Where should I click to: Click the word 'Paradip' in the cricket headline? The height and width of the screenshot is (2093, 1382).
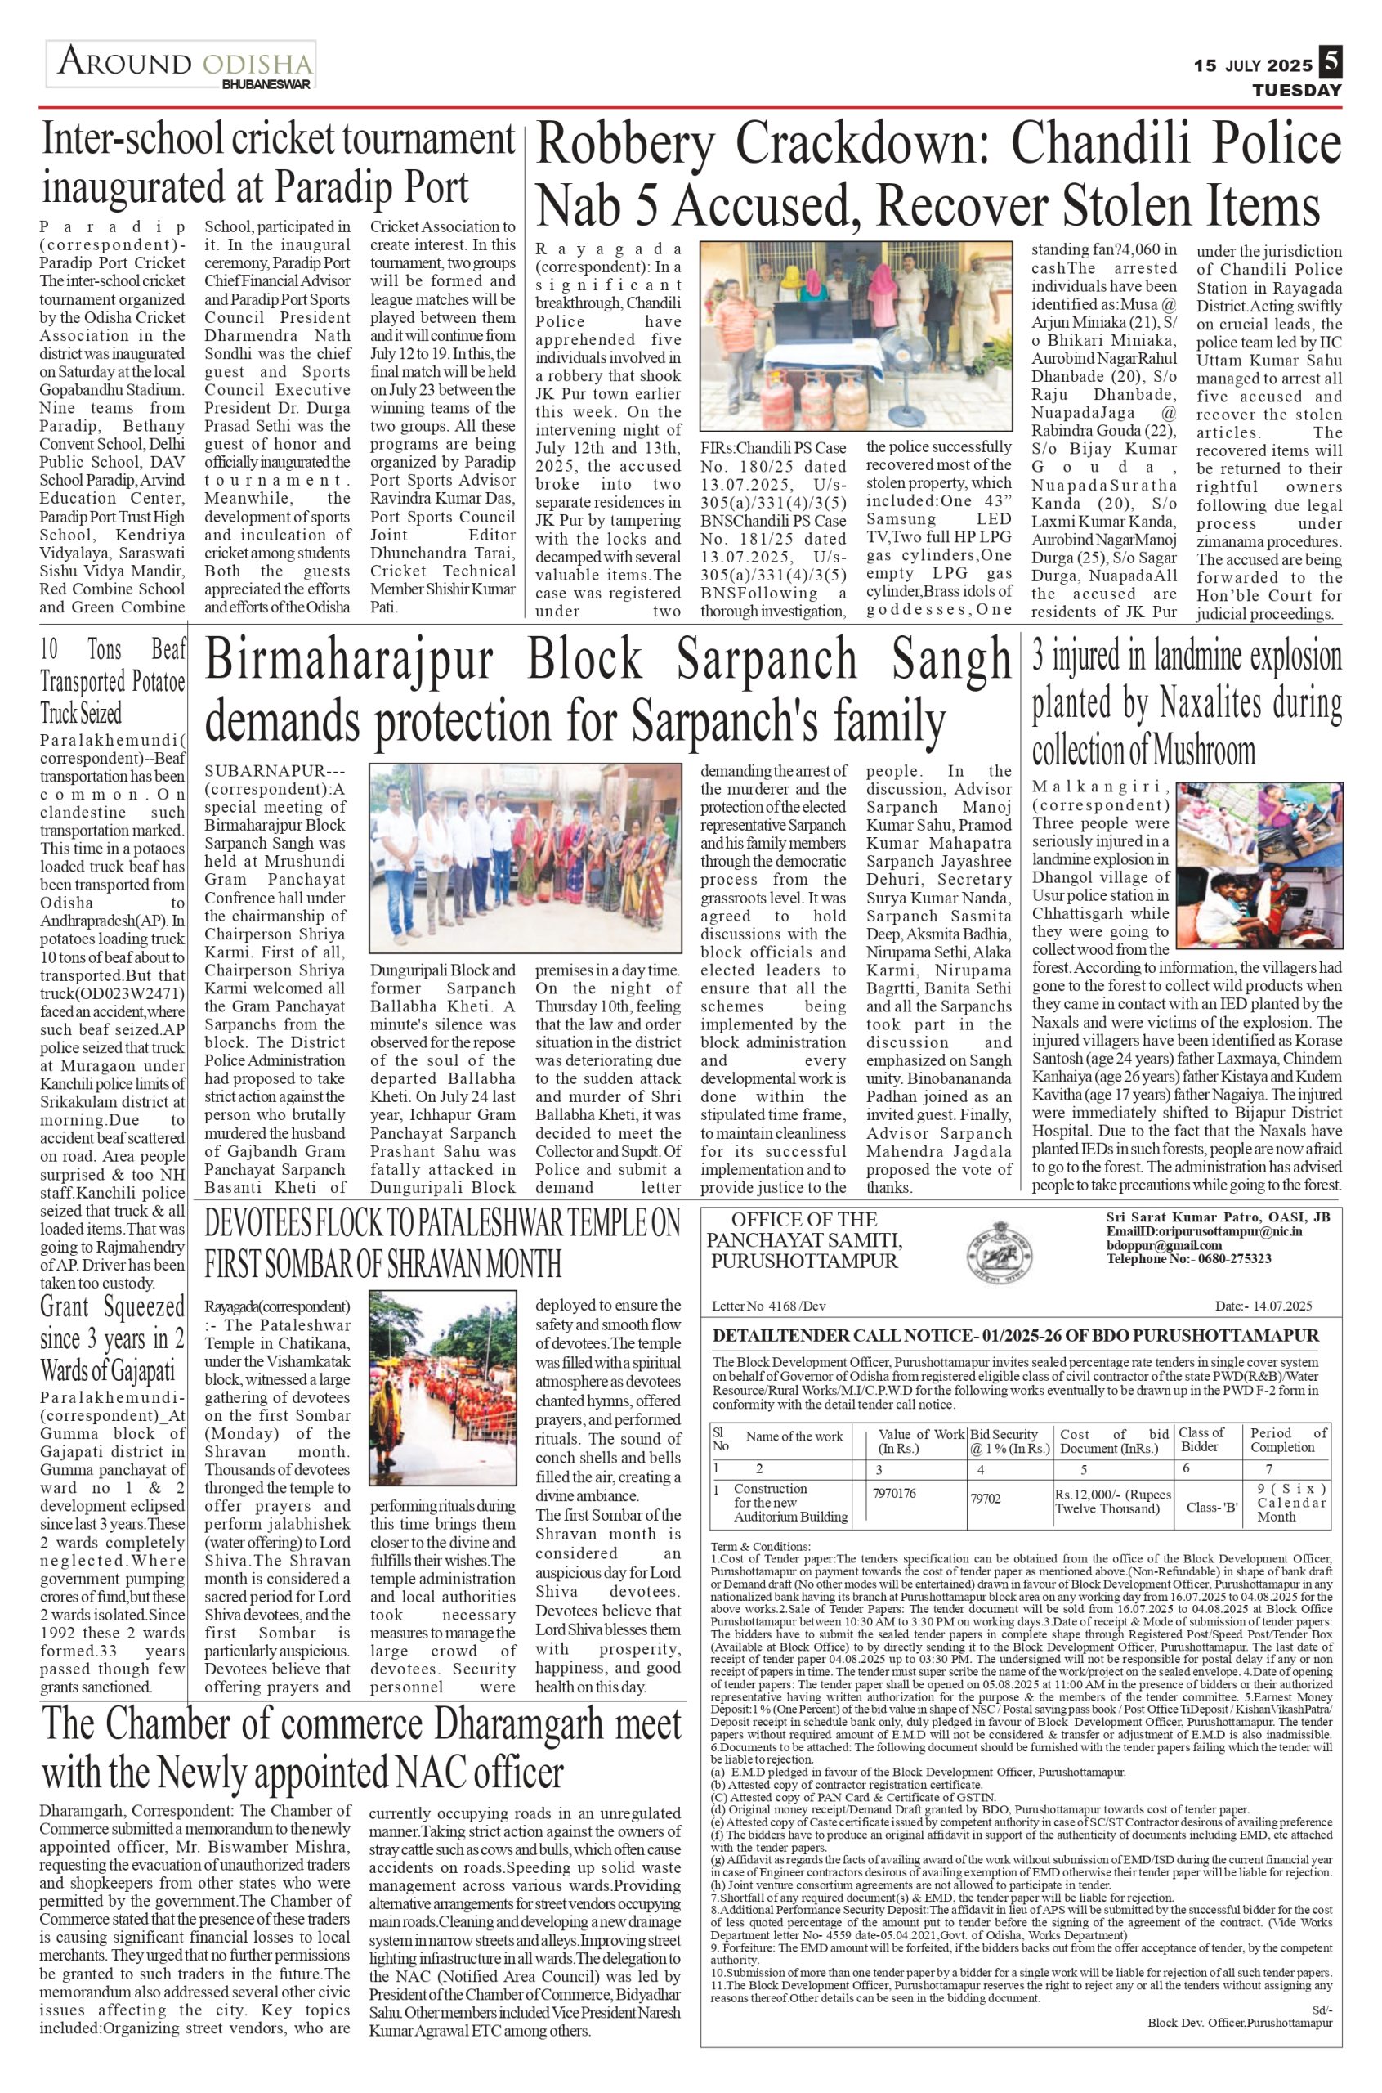pos(328,188)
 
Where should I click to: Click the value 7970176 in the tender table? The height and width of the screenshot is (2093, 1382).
pos(895,1494)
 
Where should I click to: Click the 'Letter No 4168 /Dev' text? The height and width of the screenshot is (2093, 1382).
pos(769,1306)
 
